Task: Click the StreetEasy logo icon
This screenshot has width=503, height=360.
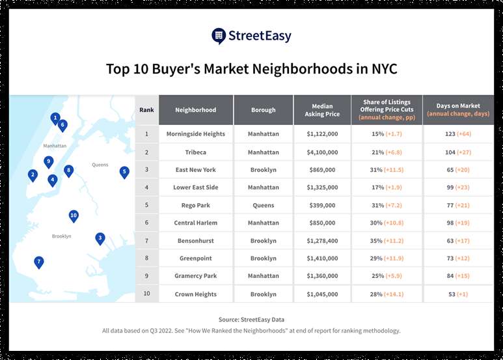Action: pyautogui.click(x=219, y=36)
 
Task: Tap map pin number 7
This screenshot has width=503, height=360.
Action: pyautogui.click(x=39, y=262)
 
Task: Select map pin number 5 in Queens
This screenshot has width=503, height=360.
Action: pyautogui.click(x=124, y=172)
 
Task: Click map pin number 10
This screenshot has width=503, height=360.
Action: pyautogui.click(x=74, y=215)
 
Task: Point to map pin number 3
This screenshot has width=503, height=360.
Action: pyautogui.click(x=100, y=238)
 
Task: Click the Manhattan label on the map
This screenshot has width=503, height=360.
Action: pyautogui.click(x=55, y=146)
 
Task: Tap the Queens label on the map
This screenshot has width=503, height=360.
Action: pyautogui.click(x=100, y=165)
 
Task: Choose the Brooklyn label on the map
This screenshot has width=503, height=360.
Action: pyautogui.click(x=61, y=236)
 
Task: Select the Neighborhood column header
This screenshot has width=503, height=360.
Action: pyautogui.click(x=195, y=110)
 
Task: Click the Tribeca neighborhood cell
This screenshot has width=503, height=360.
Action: pyautogui.click(x=195, y=152)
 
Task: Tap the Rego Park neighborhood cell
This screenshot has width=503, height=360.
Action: pyautogui.click(x=195, y=205)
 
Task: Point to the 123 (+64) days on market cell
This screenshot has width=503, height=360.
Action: pyautogui.click(x=458, y=134)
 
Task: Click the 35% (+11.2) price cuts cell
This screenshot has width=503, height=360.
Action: pyautogui.click(x=387, y=240)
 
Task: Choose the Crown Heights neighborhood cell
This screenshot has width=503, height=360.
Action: pyautogui.click(x=195, y=294)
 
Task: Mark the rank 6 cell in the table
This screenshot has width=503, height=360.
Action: pyautogui.click(x=146, y=223)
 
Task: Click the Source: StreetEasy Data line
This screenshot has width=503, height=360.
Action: pyautogui.click(x=251, y=320)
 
